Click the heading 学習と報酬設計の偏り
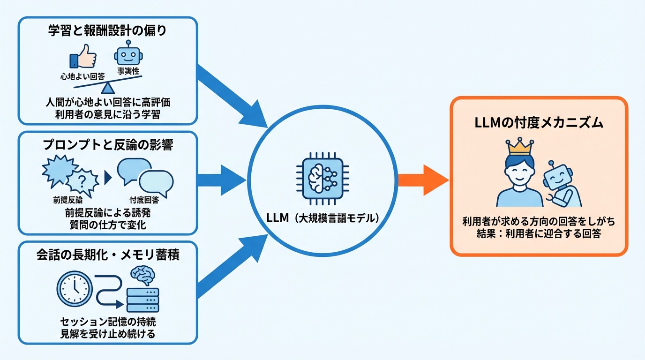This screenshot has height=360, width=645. (x=107, y=31)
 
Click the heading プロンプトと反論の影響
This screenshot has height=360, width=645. (x=107, y=145)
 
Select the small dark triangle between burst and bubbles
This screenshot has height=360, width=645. (x=107, y=178)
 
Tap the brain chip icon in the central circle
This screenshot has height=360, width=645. (x=322, y=178)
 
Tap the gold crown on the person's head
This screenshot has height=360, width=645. (x=519, y=147)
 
